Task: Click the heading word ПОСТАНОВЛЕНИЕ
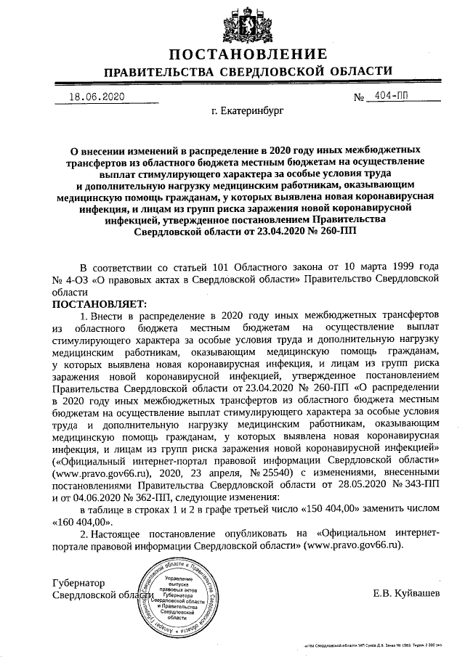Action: [248, 55]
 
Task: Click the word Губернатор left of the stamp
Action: [79, 583]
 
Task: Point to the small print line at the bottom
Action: [377, 645]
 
